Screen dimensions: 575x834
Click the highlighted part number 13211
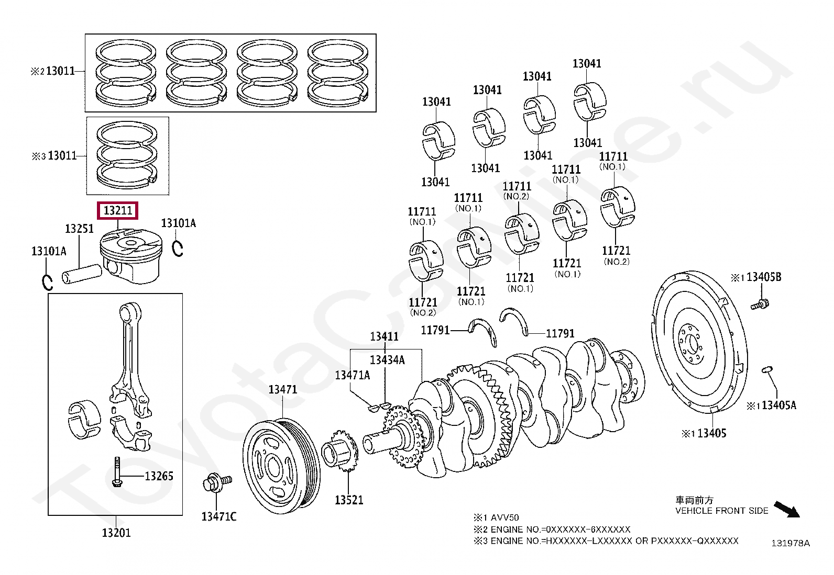coord(118,210)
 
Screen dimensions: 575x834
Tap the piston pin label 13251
coord(79,229)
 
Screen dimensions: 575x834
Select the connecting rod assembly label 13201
coord(116,533)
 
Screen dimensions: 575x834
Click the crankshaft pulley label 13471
coord(282,389)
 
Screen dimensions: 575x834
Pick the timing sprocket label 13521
coord(349,500)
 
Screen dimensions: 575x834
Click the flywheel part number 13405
coord(712,433)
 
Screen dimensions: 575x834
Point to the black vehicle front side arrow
coord(787,509)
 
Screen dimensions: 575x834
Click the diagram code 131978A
coord(790,543)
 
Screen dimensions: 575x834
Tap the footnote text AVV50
coord(505,517)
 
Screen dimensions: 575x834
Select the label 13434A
coord(387,360)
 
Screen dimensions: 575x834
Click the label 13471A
coord(352,375)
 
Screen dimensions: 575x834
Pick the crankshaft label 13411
coord(384,336)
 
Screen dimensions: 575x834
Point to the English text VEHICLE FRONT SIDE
coord(721,511)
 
